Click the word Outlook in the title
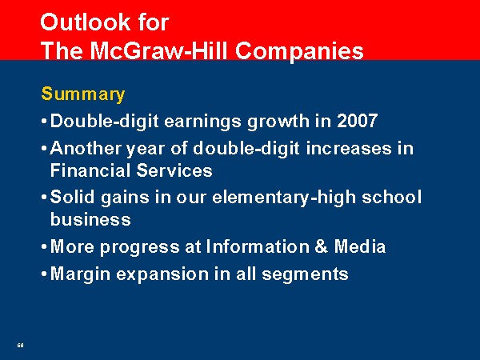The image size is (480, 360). point(86,22)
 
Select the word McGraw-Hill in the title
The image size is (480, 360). point(159,50)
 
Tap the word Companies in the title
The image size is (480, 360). point(299,51)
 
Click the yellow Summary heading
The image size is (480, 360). point(83,94)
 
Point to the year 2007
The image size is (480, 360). point(357,120)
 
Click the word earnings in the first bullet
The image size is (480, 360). point(203,122)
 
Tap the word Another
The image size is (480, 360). point(86,148)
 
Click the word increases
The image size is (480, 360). point(349,148)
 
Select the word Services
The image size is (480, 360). point(174,170)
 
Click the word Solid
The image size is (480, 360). point(72,197)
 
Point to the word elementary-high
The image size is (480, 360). point(284,198)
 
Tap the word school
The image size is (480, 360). point(392,197)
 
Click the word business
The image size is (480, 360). point(90,219)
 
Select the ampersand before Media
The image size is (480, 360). point(321,246)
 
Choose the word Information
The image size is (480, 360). point(258,246)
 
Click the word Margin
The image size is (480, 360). point(80,274)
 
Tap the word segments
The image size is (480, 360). point(306,274)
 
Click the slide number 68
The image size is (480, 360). point(20,346)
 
